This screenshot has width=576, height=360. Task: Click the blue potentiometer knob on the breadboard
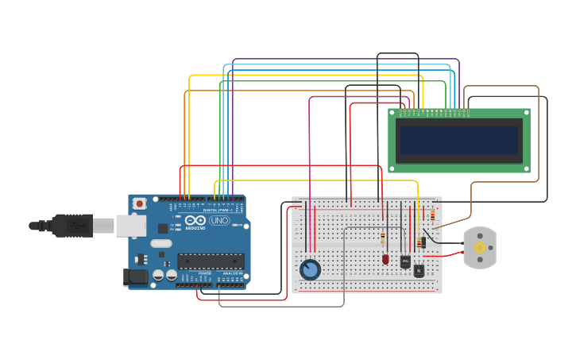point(310,270)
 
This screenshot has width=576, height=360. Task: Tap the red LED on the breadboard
point(385,259)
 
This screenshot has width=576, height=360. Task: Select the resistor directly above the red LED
point(383,238)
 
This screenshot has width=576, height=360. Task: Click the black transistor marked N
point(419,270)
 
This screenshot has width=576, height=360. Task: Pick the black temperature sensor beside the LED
point(405,261)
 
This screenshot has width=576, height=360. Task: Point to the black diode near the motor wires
point(423,241)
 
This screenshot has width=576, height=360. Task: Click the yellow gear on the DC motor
point(479,248)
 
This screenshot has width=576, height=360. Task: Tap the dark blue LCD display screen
point(459,141)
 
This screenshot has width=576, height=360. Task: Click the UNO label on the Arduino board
point(219,220)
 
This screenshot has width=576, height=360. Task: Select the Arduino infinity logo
point(195,220)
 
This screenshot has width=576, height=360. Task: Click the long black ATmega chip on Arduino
point(211,261)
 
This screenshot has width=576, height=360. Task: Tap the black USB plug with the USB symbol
point(72,226)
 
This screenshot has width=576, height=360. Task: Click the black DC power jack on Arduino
point(136,277)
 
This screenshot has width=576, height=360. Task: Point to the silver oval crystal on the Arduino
point(160,244)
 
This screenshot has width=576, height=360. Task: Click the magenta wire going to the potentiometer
point(309,143)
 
